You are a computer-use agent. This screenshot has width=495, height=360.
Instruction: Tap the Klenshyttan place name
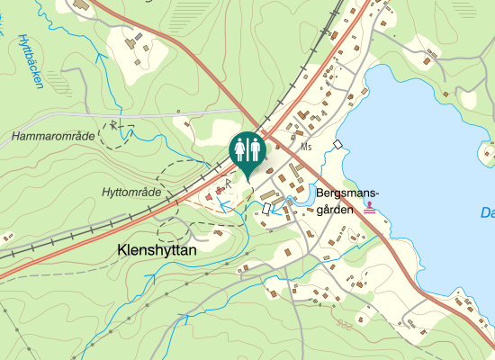[157, 254]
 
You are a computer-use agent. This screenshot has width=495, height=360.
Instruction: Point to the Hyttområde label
[131, 193]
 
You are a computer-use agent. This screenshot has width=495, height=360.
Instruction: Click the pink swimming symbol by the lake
[370, 207]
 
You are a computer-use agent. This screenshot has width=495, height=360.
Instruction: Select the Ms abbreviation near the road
[307, 147]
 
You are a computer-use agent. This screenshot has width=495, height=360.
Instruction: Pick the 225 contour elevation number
[342, 324]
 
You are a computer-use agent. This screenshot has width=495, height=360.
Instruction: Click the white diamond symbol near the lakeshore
[337, 145]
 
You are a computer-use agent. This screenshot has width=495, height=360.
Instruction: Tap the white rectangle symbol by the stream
[267, 209]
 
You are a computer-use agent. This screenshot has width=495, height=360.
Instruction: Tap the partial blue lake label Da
[487, 214]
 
